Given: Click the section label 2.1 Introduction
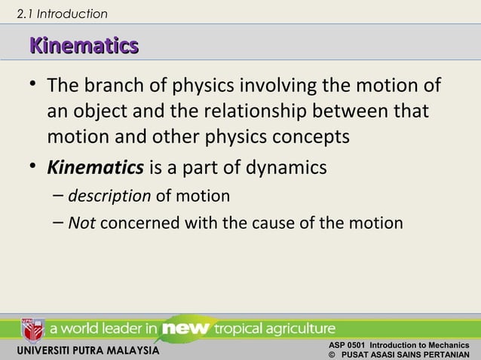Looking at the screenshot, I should coord(62,14).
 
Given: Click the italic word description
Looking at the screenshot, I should coord(109,196).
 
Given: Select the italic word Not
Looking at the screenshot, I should coord(82,223).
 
